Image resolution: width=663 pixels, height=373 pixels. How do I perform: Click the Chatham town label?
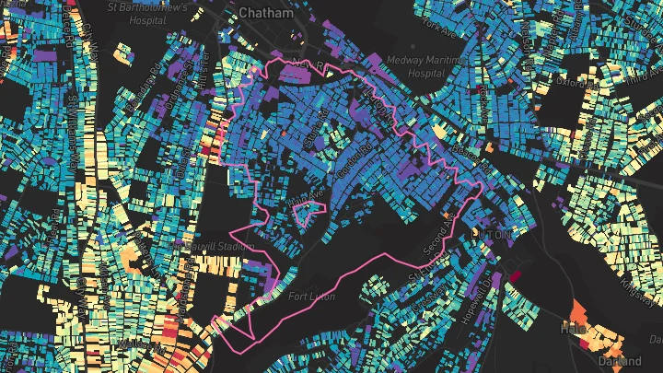[x=265, y=13]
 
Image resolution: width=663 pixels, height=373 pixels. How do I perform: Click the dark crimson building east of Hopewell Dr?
[x=515, y=274]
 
